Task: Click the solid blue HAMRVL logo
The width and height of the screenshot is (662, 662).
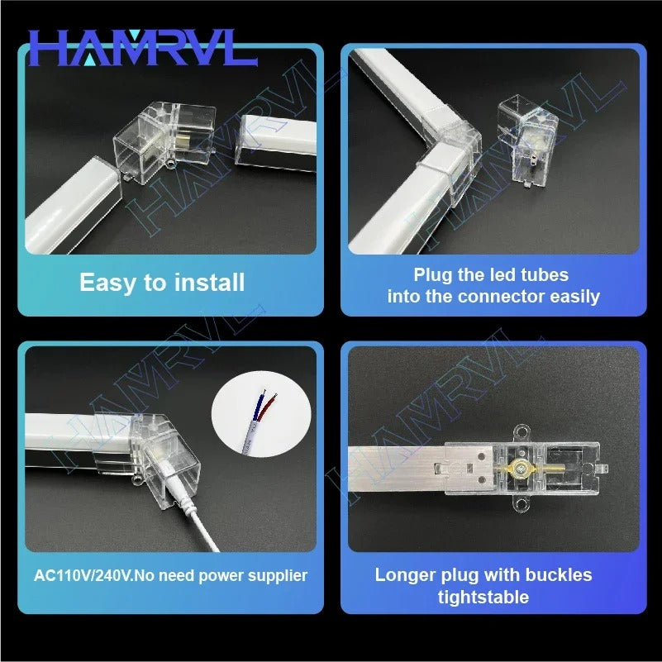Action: point(143,48)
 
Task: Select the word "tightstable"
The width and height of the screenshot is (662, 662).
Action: point(483,598)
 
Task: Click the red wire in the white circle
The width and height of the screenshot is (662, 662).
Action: point(269,405)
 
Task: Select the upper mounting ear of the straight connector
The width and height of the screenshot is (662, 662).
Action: point(521,434)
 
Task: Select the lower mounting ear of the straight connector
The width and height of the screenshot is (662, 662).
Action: point(522,503)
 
